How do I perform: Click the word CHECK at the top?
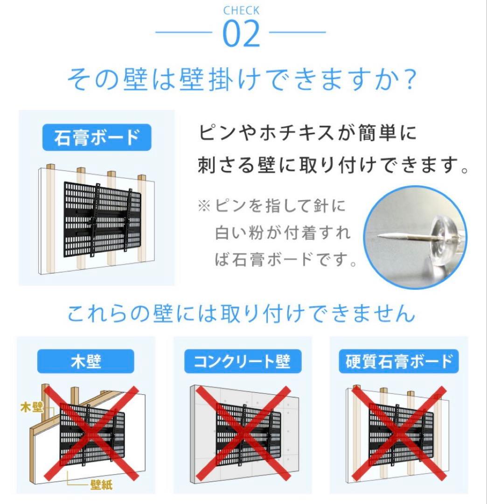[241, 10]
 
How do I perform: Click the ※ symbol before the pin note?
[204, 205]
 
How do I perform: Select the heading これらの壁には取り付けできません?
[241, 314]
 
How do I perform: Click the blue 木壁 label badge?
[86, 361]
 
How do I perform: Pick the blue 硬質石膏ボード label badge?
[399, 362]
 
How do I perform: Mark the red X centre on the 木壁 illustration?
[91, 434]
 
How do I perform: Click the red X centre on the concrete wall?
[243, 434]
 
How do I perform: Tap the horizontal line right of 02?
[298, 33]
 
